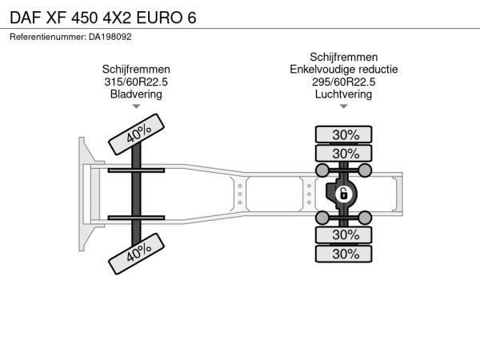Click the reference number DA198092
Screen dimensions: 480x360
click(110, 37)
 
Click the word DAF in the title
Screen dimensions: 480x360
click(26, 18)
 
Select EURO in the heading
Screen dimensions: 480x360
click(159, 18)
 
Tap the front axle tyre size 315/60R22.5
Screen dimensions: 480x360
click(136, 82)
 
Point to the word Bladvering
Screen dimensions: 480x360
click(136, 94)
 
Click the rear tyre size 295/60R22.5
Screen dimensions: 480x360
click(344, 82)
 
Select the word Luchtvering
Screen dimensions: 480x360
click(344, 94)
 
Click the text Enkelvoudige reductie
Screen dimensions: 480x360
click(344, 69)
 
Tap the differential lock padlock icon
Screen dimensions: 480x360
click(344, 194)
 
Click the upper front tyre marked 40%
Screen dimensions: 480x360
click(136, 134)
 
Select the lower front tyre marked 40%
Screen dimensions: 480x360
click(136, 254)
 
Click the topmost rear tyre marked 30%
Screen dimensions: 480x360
click(344, 134)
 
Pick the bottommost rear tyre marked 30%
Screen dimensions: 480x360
click(344, 254)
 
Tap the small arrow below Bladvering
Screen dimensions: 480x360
click(136, 106)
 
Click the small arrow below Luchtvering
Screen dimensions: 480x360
click(344, 106)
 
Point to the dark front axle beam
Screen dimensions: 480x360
click(136, 194)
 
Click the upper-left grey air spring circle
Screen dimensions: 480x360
click(322, 170)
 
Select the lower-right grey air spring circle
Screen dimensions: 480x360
click(365, 218)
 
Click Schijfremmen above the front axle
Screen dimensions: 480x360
click(136, 69)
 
